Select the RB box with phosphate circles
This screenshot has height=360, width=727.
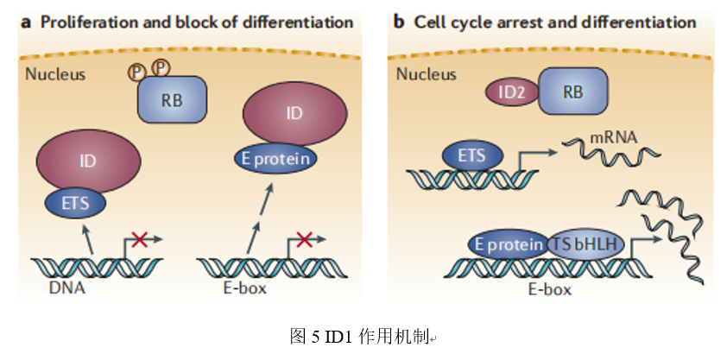tap(172, 99)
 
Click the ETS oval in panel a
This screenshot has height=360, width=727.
tap(75, 204)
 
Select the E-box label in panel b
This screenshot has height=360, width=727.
tap(549, 289)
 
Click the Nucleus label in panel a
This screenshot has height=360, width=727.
tap(55, 73)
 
